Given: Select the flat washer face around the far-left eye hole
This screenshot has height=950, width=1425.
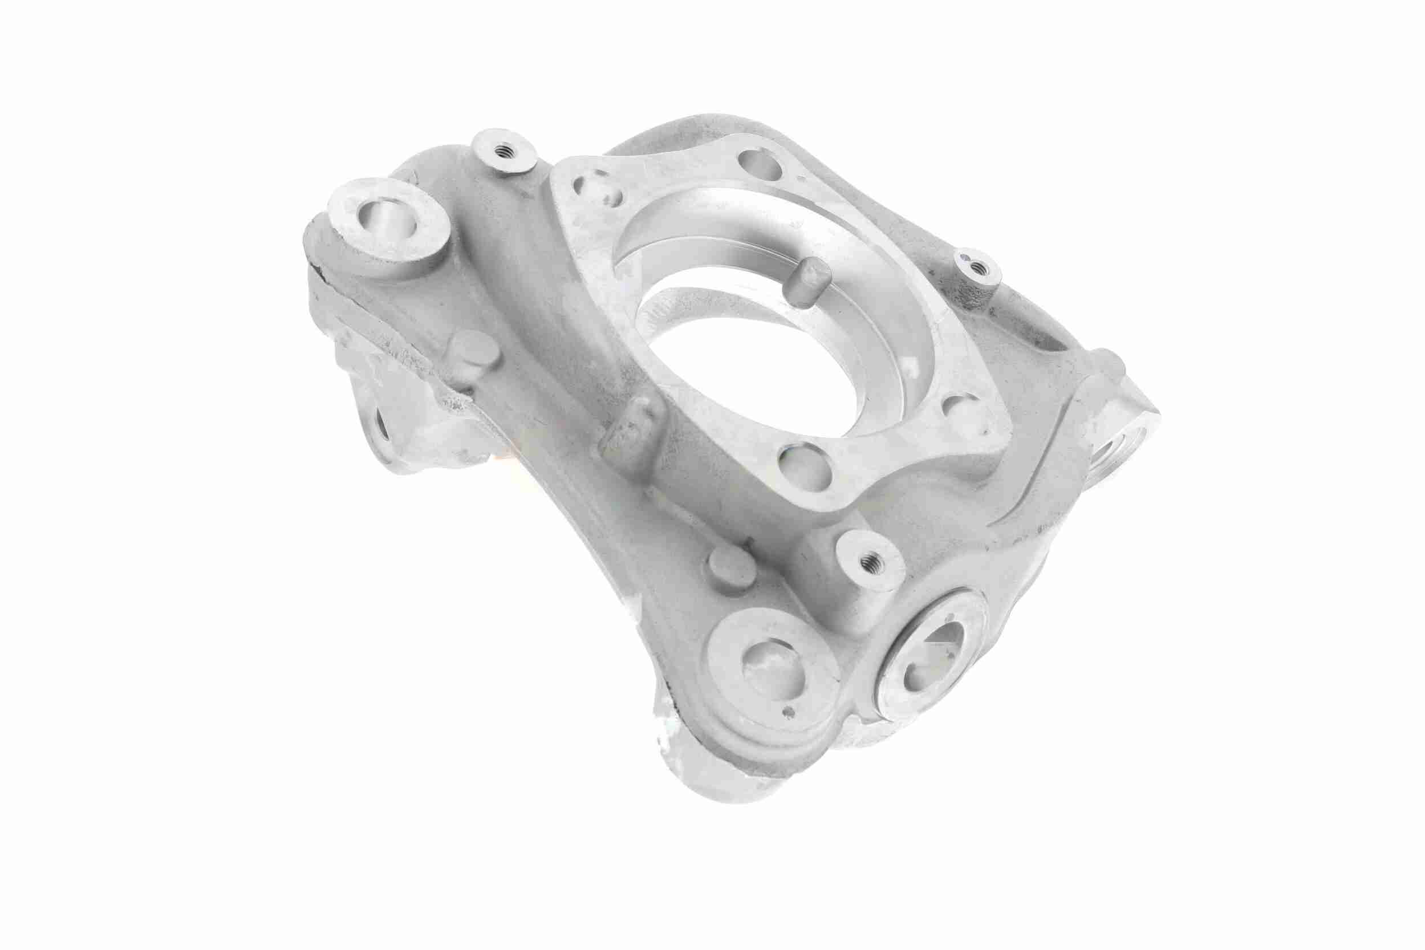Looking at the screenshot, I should [x=424, y=239].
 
